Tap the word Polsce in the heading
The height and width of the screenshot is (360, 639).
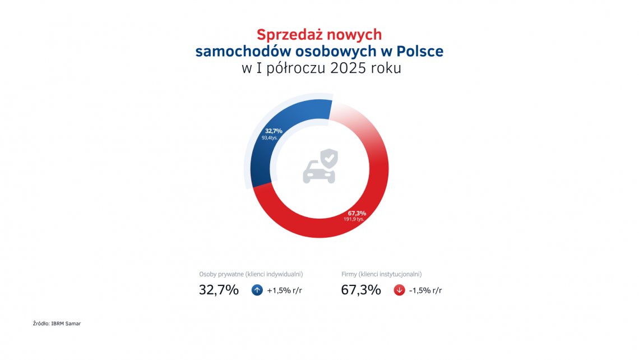(420, 51)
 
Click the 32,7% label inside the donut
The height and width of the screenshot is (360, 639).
(274, 131)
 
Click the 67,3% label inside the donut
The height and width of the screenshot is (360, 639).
(357, 213)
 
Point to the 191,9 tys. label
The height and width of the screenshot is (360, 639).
(354, 219)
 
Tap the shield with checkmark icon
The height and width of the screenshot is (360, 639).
(329, 158)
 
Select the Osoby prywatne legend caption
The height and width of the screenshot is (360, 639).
(251, 274)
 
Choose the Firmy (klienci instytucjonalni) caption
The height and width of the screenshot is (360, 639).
(381, 274)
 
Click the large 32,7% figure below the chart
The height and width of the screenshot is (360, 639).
(219, 290)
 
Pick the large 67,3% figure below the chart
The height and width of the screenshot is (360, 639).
(361, 290)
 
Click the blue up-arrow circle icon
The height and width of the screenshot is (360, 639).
(257, 290)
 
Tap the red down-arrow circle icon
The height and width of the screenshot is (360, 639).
(400, 290)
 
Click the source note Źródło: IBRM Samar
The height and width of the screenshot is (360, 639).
(57, 324)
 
